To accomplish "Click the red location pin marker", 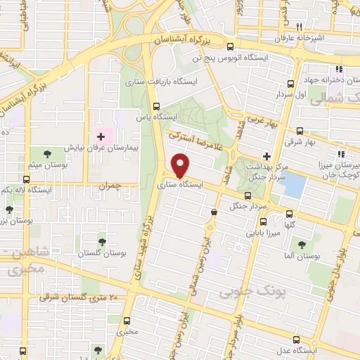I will tap(181, 165).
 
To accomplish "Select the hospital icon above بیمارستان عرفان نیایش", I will tap(101, 135).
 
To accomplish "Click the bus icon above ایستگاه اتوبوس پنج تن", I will tap(230, 46).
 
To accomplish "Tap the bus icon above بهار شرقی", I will tap(300, 131).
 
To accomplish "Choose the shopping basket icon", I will tap(214, 211).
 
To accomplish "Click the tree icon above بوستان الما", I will tap(302, 245).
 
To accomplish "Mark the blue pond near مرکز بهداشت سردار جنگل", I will tap(295, 186).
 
